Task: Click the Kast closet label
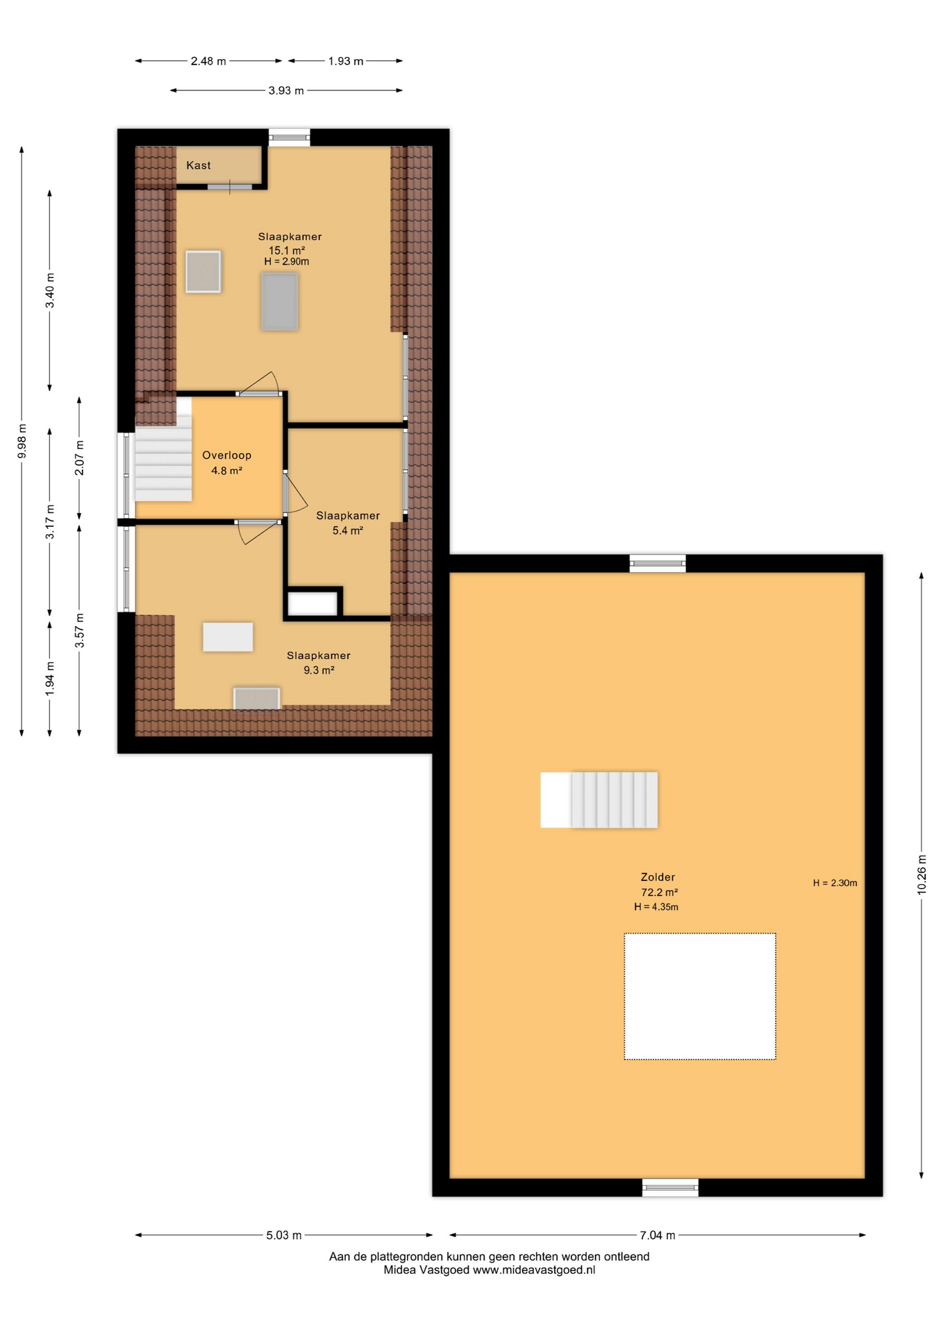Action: point(198,165)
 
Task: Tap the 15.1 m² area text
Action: point(287,251)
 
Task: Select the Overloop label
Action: point(226,455)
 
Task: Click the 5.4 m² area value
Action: point(347,530)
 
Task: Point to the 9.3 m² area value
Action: point(319,670)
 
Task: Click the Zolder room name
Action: point(658,877)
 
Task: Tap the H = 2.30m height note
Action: point(835,883)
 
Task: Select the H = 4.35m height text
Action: point(656,907)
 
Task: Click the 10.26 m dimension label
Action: point(921,874)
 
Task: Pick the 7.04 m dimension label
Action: point(657,1235)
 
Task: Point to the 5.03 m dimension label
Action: point(283,1235)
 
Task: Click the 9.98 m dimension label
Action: point(22,441)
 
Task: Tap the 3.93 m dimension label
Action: point(286,90)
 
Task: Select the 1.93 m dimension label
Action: point(346,61)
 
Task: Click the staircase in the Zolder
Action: point(599,800)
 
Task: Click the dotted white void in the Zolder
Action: point(699,996)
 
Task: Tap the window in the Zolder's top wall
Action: point(657,563)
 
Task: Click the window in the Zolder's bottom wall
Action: point(669,1188)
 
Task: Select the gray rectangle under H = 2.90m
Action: point(279,301)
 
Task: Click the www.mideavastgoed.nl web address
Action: point(534,1270)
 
